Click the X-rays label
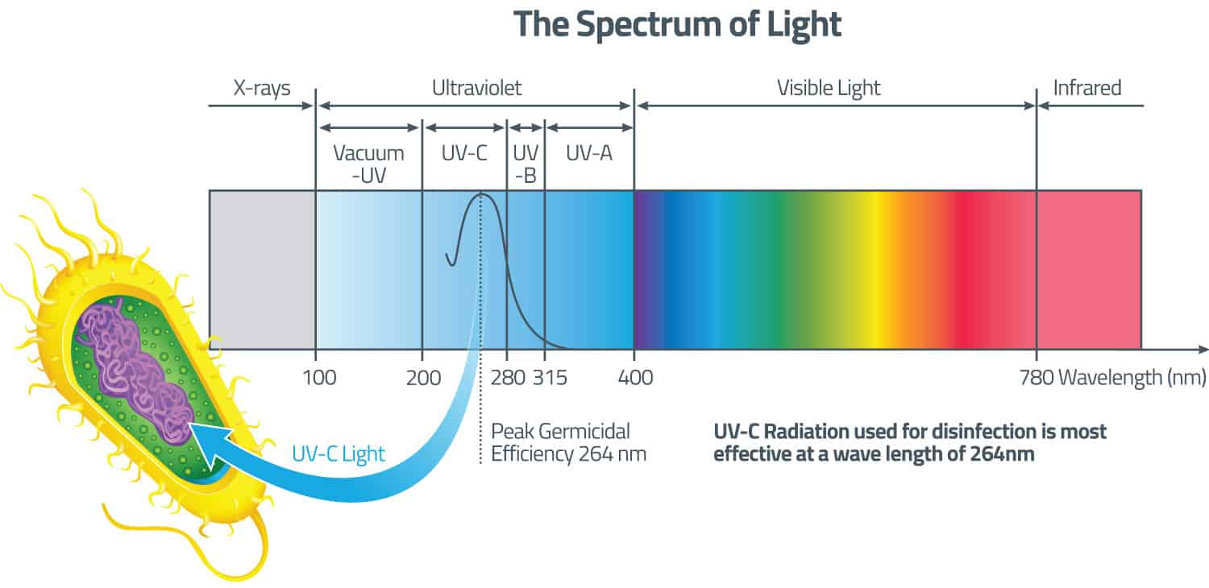(262, 88)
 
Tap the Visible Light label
(829, 88)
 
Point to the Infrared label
(1087, 88)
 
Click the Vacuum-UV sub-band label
(368, 164)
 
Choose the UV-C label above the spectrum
(464, 153)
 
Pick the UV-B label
(526, 164)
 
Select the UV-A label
(588, 153)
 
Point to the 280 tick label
(507, 377)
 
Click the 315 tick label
(550, 377)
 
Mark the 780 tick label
(1037, 377)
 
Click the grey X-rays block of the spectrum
(262, 270)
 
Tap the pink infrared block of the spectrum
(1088, 270)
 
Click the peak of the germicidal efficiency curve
(481, 194)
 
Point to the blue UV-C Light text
(338, 453)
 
